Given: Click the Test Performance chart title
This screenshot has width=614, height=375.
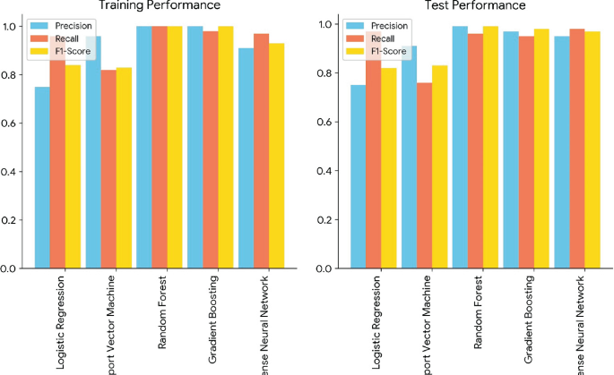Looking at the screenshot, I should [475, 6].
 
